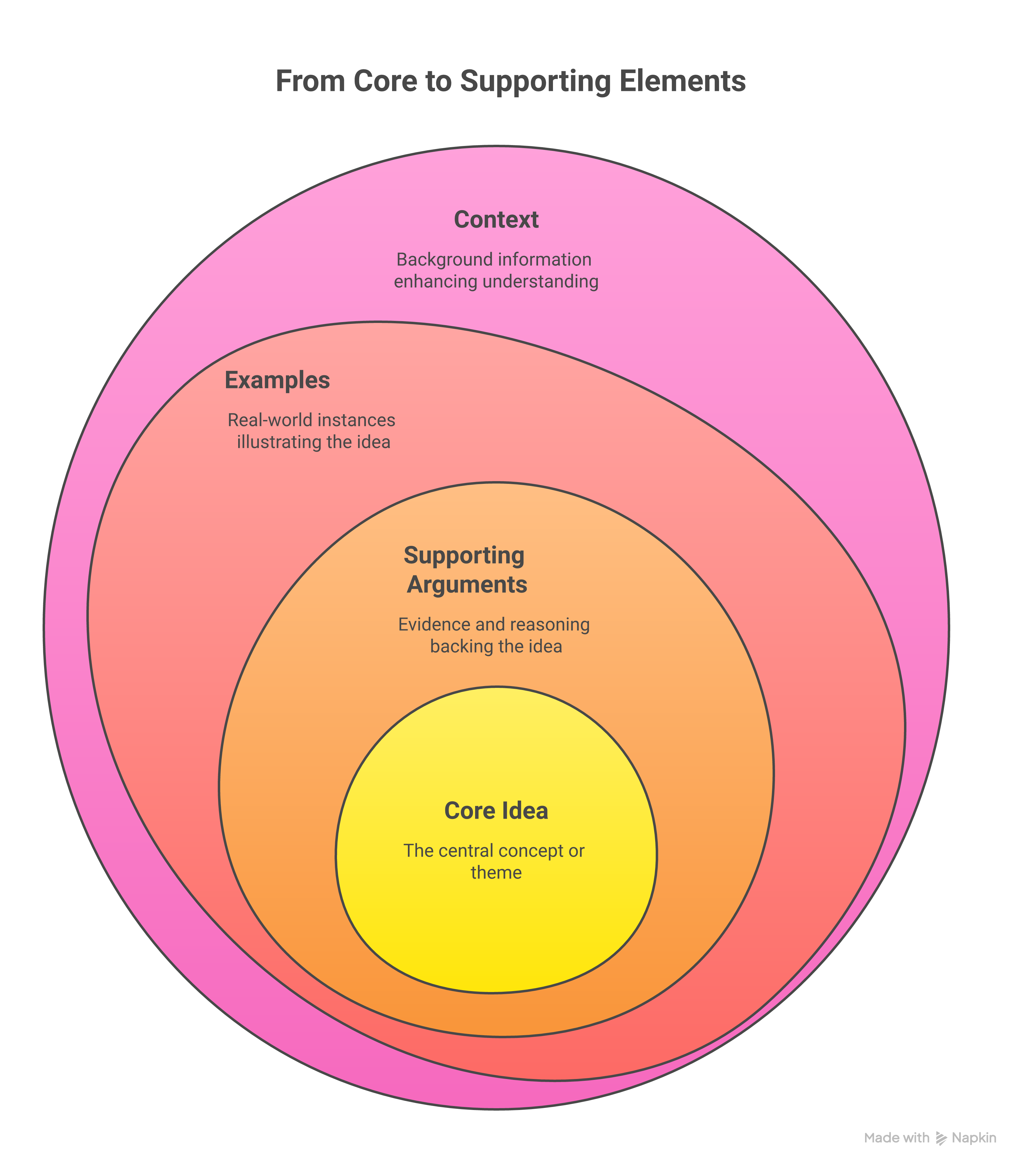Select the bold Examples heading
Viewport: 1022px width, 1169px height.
277,380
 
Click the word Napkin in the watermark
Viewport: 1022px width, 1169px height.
974,1138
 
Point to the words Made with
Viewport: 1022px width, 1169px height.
897,1138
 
